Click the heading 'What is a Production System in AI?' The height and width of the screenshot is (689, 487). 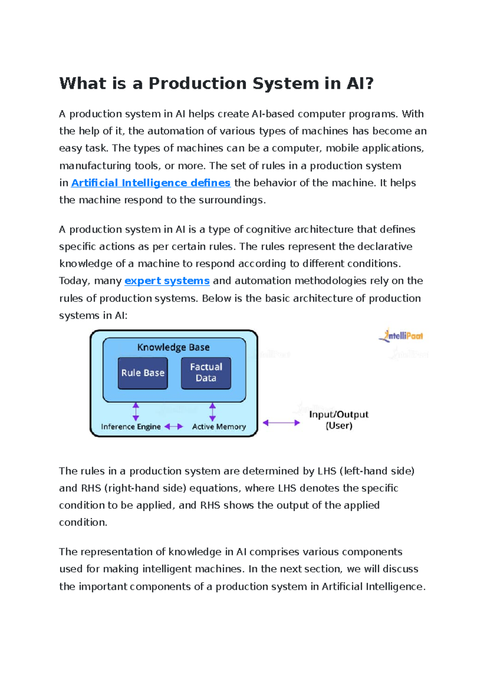tap(216, 84)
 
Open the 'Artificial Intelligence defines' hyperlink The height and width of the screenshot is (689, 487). tap(151, 183)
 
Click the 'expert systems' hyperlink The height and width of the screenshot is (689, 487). tap(167, 281)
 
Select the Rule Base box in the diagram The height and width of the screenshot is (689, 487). tap(143, 373)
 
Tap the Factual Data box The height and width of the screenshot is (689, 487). tap(206, 373)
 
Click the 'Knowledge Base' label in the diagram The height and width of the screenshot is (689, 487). tap(173, 347)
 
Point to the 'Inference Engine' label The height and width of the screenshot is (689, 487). tap(131, 427)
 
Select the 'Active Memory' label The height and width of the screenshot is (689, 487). tap(219, 427)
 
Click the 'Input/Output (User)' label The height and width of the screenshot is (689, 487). tap(338, 420)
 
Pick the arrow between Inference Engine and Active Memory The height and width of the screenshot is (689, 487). tap(174, 426)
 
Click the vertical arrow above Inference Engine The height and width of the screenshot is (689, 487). tap(136, 411)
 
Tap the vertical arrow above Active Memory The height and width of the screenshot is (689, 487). tap(212, 411)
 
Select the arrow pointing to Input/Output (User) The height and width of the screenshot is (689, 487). tap(281, 423)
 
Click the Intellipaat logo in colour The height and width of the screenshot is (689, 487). tap(401, 336)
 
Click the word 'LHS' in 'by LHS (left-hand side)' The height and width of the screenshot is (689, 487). tap(327, 471)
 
